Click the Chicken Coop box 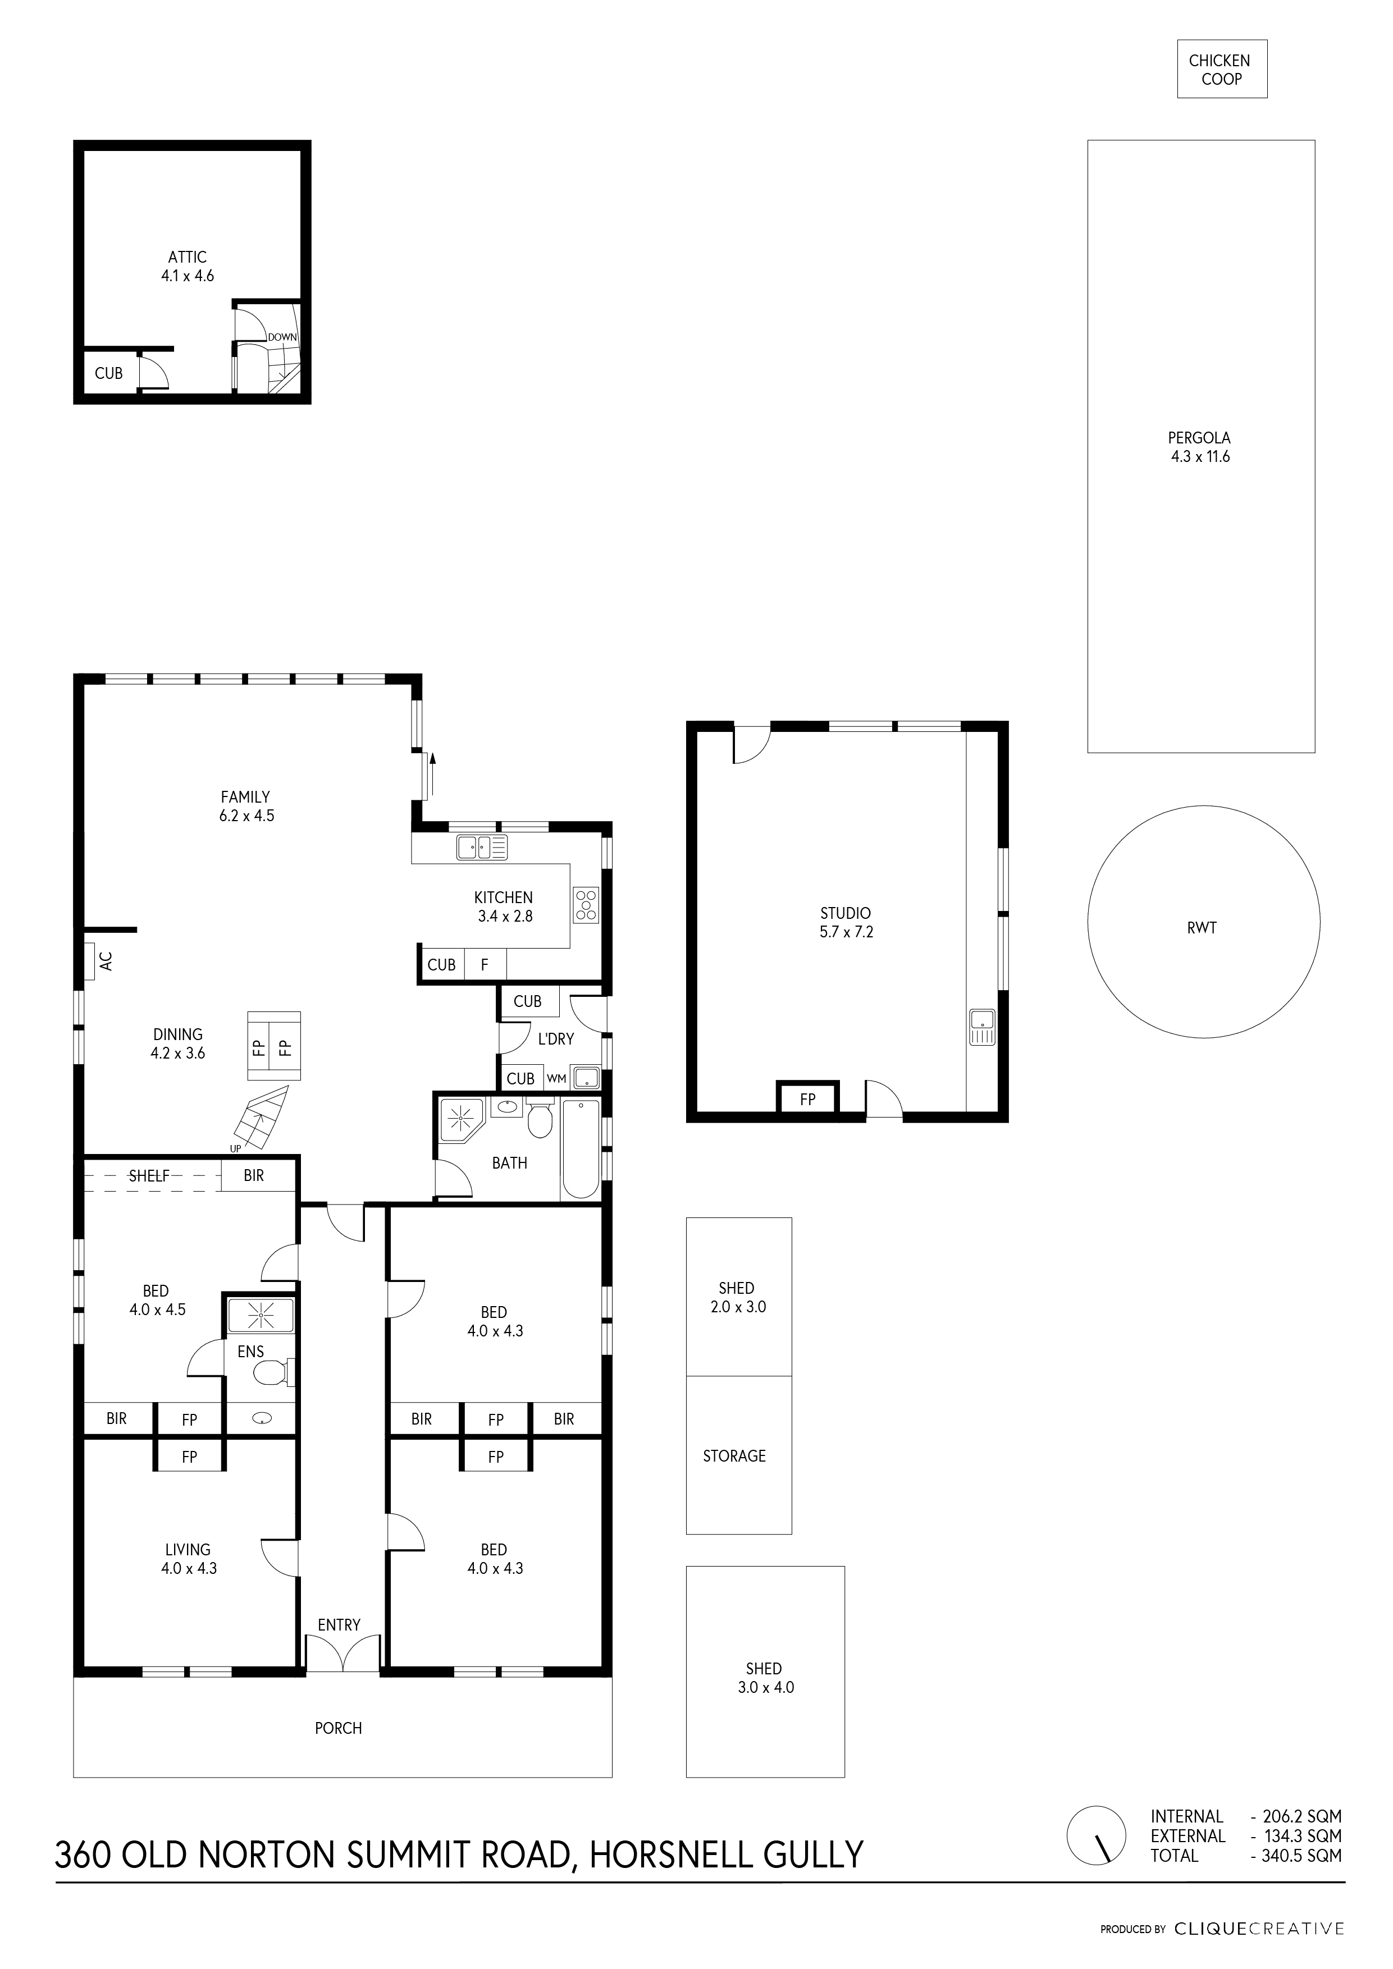[1221, 70]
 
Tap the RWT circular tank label [1202, 928]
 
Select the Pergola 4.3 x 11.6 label [1199, 447]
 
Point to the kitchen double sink [482, 848]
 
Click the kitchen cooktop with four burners [587, 905]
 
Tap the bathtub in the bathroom [581, 1149]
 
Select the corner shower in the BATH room [462, 1118]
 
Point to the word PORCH [338, 1728]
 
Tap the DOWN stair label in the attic [281, 337]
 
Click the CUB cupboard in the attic [109, 373]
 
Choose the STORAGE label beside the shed [734, 1455]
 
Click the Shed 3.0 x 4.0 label [764, 1678]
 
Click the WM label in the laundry [556, 1079]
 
